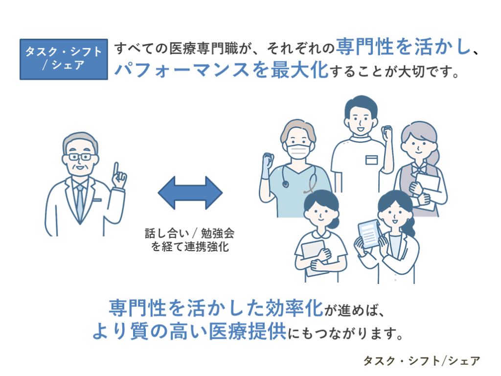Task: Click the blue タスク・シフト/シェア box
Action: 64,59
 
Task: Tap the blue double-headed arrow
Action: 190,193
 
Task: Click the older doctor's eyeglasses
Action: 80,157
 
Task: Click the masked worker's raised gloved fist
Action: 267,162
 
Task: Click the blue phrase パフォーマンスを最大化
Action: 220,70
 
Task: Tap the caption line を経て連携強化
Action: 190,246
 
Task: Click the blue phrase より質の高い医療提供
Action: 189,332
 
